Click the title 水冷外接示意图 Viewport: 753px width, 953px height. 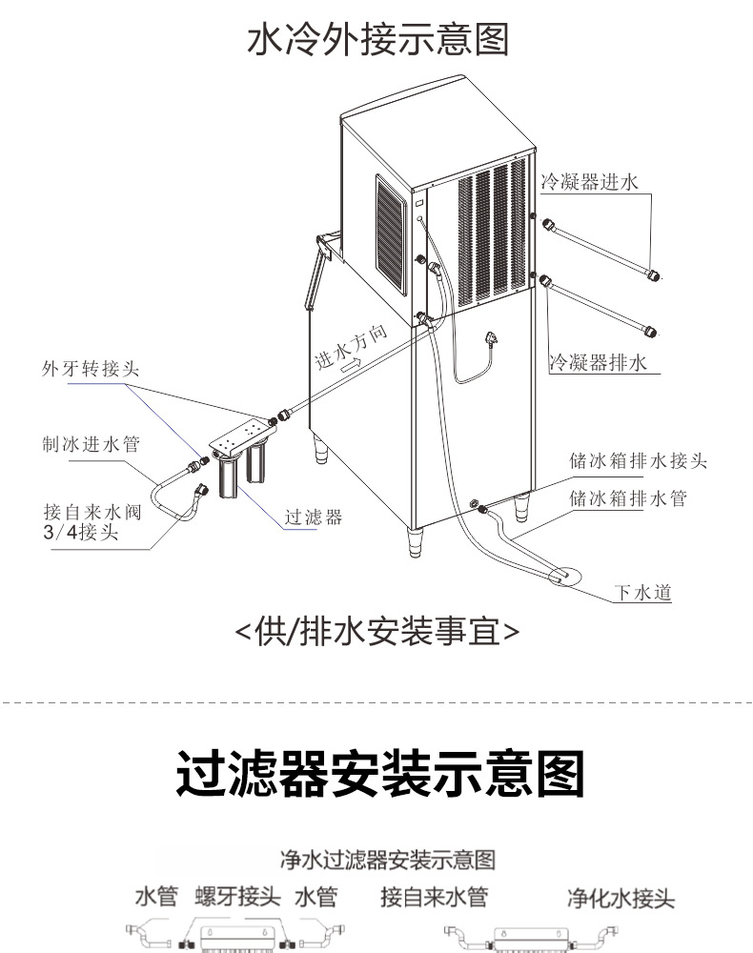pos(378,39)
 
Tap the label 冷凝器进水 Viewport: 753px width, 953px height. pos(589,182)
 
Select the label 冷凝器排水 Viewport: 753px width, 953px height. pos(598,362)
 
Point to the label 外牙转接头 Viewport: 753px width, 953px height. pos(91,368)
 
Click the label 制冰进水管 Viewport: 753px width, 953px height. pos(92,444)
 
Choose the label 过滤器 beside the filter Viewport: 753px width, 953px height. pos(314,517)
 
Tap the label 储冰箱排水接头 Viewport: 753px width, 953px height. pos(638,460)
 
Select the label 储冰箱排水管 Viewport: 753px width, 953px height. pos(628,498)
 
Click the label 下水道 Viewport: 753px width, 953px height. pos(643,592)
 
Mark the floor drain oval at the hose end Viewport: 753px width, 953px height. pos(564,576)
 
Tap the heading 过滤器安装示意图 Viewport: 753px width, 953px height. pos(380,773)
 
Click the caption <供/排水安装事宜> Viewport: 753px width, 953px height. pos(376,632)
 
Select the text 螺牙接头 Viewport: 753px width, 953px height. pos(237,897)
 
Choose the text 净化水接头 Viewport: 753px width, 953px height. pos(621,898)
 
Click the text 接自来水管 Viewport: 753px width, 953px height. pos(435,897)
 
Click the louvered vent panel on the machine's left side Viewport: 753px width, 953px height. pos(391,235)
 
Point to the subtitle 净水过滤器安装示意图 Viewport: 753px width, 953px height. pos(388,860)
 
